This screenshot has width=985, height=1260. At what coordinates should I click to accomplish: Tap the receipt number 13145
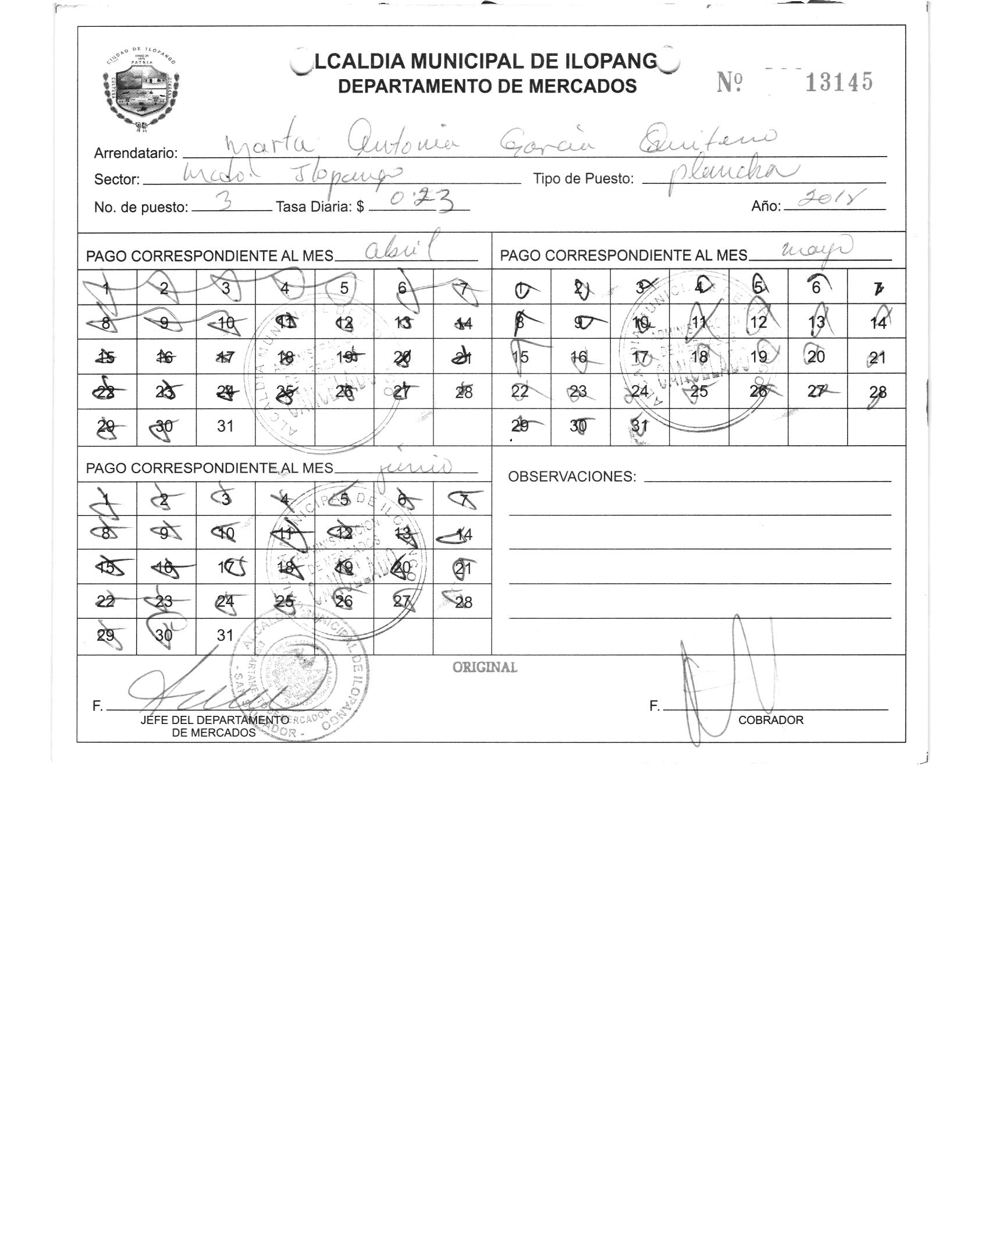[x=838, y=83]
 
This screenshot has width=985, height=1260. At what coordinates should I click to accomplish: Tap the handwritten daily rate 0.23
[x=422, y=201]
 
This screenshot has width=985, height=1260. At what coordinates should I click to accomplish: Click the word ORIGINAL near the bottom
[x=485, y=668]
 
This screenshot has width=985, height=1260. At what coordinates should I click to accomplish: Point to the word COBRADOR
[x=770, y=720]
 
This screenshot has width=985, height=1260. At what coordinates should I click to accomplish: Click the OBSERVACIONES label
[x=572, y=477]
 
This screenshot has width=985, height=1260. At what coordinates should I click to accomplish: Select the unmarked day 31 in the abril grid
[x=225, y=427]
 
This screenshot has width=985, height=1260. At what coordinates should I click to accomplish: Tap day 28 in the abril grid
[x=464, y=392]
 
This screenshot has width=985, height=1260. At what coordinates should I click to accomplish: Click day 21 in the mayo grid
[x=877, y=357]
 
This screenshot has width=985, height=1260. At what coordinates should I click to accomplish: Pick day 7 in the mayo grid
[x=877, y=288]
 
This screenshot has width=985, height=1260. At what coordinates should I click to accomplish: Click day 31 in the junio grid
[x=225, y=636]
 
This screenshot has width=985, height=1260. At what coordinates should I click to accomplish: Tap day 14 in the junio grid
[x=464, y=534]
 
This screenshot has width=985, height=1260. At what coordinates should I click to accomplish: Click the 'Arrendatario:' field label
[x=136, y=154]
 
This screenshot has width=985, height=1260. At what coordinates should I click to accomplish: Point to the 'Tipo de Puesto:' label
[x=583, y=179]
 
